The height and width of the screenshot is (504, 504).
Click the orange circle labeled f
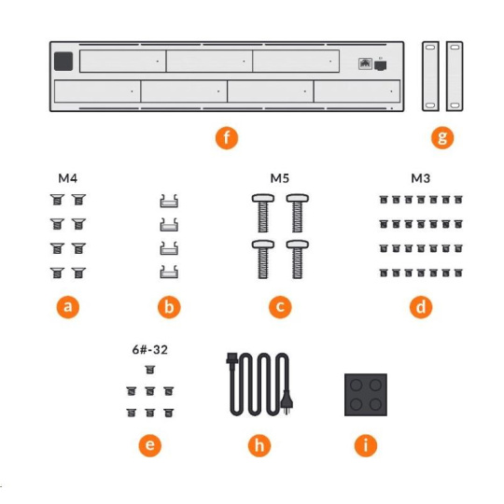click(227, 138)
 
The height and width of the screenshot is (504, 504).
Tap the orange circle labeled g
click(442, 138)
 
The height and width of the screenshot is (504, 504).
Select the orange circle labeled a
click(68, 307)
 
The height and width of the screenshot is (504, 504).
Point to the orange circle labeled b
click(169, 307)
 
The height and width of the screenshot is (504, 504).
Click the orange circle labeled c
click(280, 307)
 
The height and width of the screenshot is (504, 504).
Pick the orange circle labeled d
click(421, 307)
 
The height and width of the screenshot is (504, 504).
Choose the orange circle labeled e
click(149, 445)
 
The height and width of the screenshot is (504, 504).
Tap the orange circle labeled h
click(259, 445)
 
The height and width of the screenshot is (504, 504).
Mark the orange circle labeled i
click(366, 445)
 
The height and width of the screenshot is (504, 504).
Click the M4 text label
click(68, 178)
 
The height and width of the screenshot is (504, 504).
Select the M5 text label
click(280, 178)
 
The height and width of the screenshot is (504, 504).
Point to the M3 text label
click(421, 178)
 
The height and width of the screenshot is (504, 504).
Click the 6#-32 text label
click(149, 350)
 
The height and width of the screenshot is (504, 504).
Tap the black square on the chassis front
click(63, 61)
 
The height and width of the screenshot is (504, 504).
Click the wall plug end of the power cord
click(287, 402)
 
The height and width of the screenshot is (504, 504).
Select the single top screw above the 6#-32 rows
click(149, 370)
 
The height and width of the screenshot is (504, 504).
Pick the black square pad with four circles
click(366, 395)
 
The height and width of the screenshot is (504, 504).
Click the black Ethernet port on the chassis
click(380, 65)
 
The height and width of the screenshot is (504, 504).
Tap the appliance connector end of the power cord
click(232, 358)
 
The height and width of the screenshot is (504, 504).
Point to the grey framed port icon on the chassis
click(365, 63)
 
